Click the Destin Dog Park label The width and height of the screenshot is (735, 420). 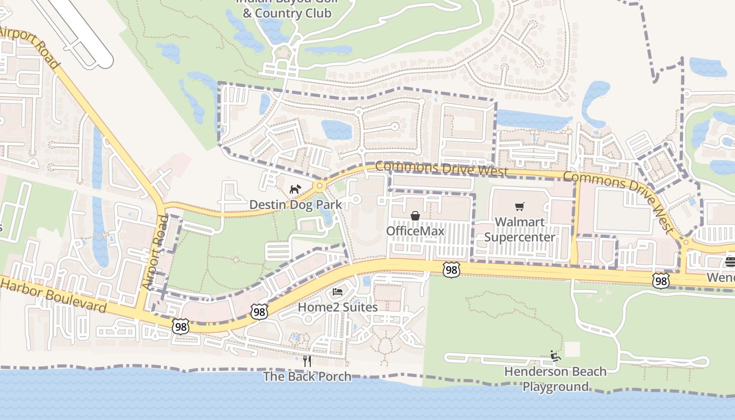tap(295, 204)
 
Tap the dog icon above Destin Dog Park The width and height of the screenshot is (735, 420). tap(295, 189)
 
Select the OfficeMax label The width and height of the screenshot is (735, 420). tap(415, 231)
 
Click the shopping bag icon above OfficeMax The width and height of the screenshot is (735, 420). tap(415, 216)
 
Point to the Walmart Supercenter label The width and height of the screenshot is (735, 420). tap(519, 229)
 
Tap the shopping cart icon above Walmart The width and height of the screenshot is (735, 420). tap(519, 207)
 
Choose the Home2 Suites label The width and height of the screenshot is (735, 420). tap(338, 307)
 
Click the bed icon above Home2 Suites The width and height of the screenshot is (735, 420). tap(338, 292)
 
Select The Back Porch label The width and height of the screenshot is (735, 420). tap(307, 376)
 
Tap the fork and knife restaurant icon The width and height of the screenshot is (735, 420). tap(307, 361)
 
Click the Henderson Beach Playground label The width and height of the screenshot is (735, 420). tap(555, 379)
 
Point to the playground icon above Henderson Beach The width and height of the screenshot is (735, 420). tap(555, 356)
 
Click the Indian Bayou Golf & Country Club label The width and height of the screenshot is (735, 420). tap(287, 7)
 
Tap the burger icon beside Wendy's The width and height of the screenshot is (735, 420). tap(730, 261)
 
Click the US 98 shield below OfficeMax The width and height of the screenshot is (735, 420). tap(451, 270)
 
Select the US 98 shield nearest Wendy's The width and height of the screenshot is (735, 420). tap(661, 280)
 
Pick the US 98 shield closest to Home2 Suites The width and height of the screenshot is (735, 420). tap(259, 311)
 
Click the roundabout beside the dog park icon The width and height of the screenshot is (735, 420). tap(319, 186)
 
